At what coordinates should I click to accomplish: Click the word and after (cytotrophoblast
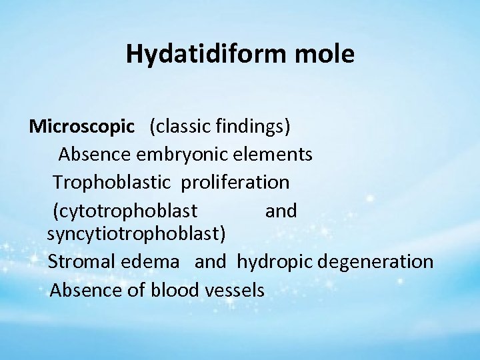click(x=281, y=211)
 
